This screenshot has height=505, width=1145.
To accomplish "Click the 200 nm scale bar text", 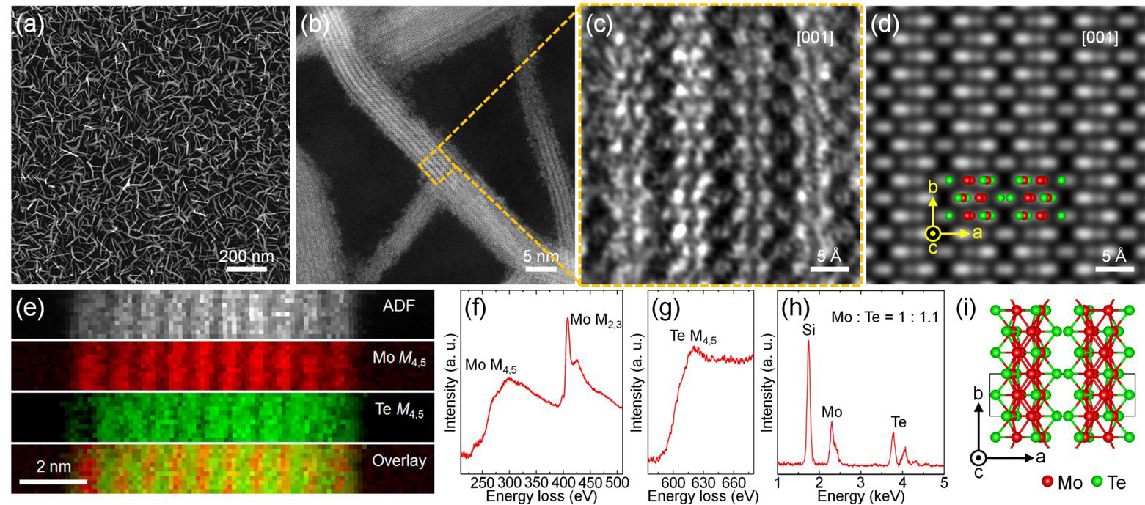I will [246, 257].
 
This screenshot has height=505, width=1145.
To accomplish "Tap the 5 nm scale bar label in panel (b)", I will [542, 257].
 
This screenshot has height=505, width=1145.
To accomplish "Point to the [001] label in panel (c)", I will [813, 37].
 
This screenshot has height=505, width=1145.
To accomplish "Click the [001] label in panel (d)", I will [1100, 37].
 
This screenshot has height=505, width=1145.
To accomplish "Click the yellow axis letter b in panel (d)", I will [933, 188].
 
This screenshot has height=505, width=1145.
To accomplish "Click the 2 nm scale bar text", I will [54, 465].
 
